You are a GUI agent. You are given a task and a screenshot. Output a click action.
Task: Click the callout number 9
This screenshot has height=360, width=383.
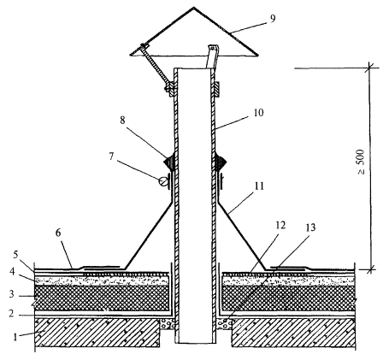[273, 19]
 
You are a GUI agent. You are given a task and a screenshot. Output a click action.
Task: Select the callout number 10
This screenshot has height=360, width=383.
[258, 113]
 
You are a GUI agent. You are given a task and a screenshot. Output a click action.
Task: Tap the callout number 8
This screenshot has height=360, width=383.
[122, 121]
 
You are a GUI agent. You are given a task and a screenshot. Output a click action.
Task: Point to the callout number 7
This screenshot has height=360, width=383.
[111, 156]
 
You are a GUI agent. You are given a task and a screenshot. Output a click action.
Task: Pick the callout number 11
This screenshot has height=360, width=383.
[258, 186]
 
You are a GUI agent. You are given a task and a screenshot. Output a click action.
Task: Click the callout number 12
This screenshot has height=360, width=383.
[280, 225]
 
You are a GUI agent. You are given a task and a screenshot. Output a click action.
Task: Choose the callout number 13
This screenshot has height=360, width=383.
[310, 227]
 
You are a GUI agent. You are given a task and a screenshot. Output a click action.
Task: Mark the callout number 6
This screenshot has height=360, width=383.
[58, 233]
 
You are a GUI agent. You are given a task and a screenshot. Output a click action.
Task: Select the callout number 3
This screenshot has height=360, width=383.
[11, 294]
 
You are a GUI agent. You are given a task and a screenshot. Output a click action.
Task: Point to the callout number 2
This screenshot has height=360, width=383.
[11, 314]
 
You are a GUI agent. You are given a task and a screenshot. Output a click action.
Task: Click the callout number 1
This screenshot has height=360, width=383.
[15, 337]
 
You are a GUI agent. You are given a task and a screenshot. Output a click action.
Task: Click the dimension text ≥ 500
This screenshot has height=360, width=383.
[361, 162]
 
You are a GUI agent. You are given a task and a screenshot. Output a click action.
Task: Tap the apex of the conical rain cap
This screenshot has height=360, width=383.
[194, 7]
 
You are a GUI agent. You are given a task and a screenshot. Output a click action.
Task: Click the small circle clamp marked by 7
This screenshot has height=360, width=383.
[163, 181]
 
